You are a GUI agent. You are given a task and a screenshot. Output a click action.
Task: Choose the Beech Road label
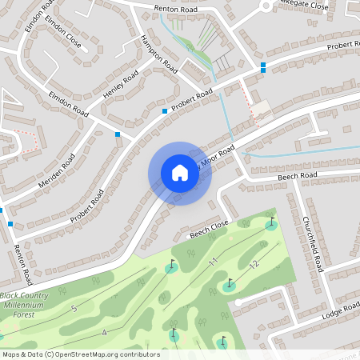click(298, 175)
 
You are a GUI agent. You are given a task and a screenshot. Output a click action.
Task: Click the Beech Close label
click(209, 230)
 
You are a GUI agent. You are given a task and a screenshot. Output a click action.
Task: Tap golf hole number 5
click(74, 308)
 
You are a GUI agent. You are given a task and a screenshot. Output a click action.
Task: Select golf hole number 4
click(104, 332)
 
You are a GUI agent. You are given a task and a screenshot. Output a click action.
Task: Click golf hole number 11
click(213, 262)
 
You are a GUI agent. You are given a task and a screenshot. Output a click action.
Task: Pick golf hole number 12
click(254, 265)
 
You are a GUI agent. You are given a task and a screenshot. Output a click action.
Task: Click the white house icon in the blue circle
click(179, 173)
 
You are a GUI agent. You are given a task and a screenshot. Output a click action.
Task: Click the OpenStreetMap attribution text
click(81, 354)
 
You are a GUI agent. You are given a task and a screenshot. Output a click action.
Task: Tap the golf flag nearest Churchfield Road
click(272, 224)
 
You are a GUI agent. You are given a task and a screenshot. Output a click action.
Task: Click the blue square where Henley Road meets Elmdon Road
click(118, 134)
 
